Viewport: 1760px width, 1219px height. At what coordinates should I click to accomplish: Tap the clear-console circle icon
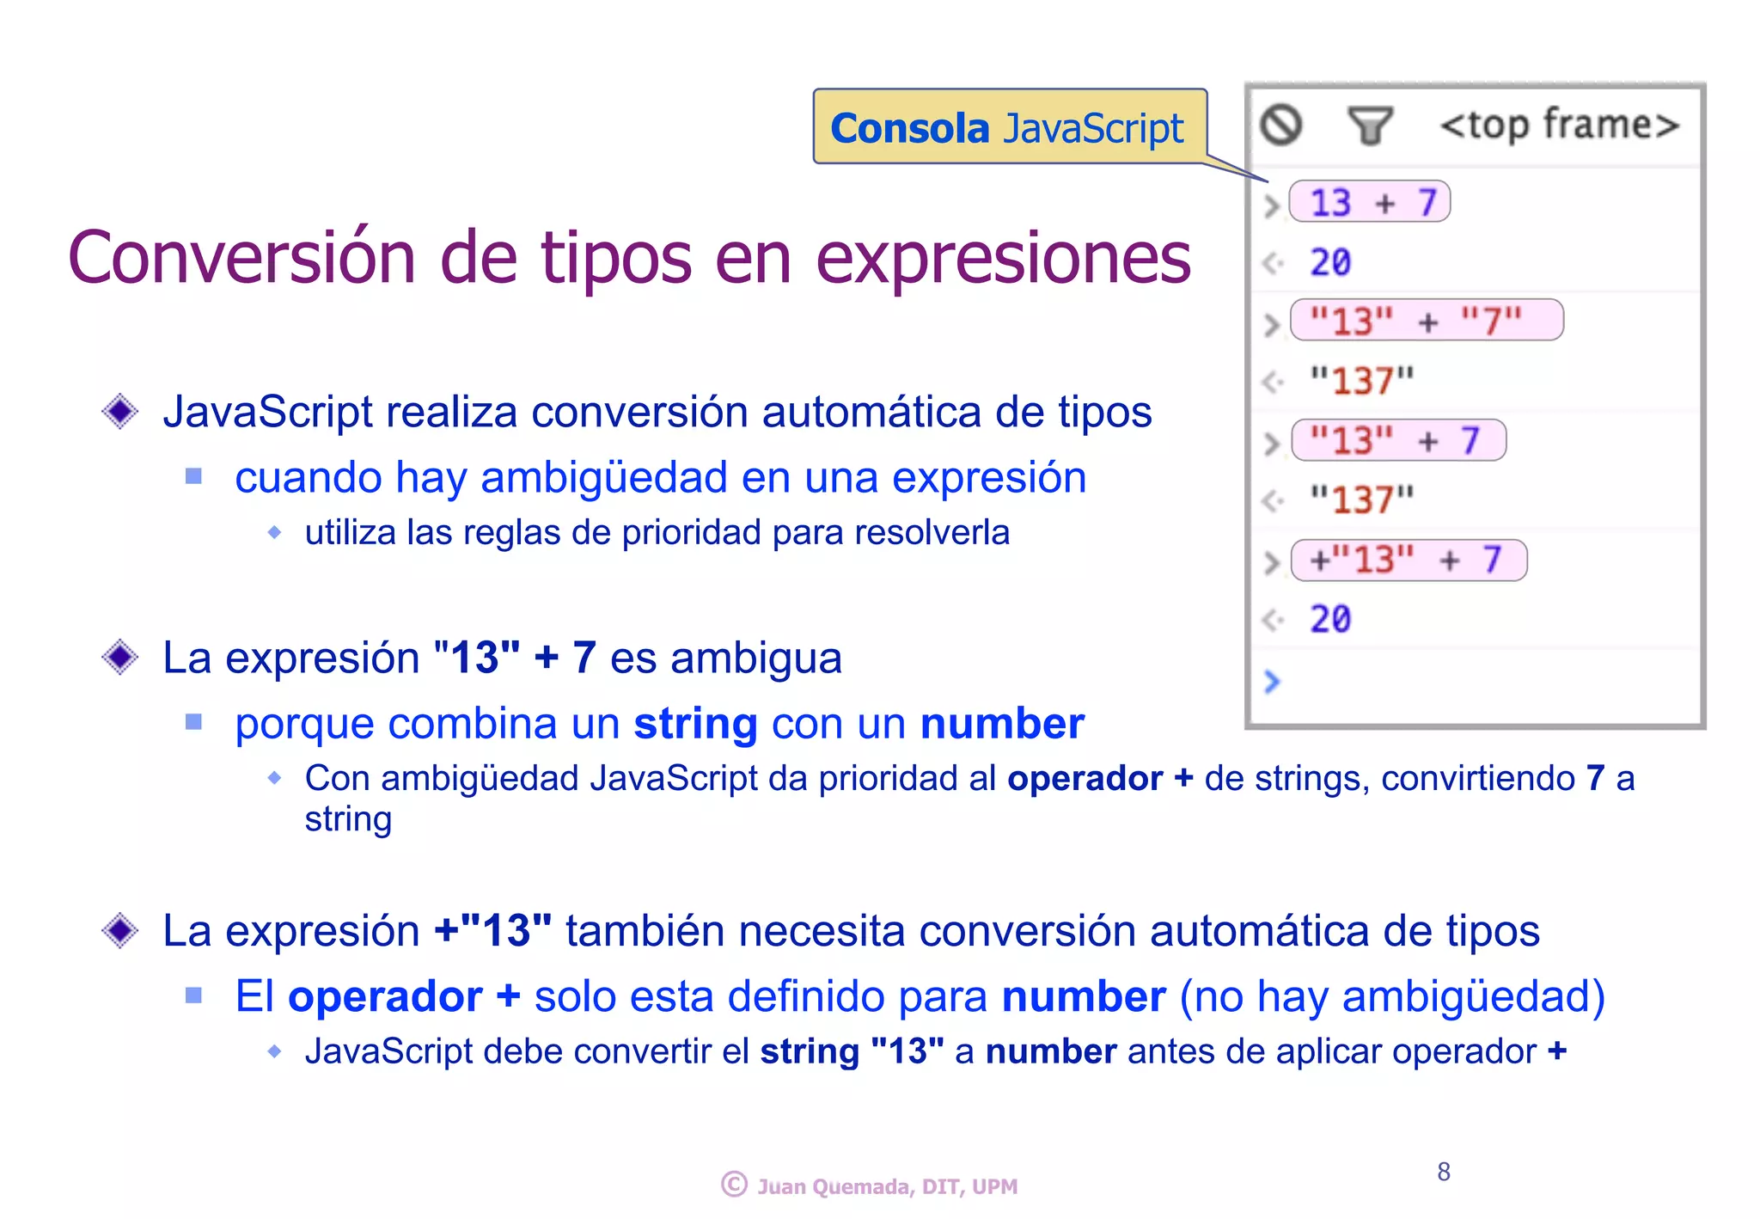point(1280,126)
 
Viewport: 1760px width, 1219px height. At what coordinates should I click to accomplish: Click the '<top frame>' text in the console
point(1559,126)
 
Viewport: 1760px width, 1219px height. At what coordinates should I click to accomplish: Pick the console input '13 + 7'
point(1371,203)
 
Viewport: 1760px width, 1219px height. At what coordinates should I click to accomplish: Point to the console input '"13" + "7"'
point(1426,322)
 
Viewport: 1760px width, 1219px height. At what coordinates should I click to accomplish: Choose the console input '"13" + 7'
point(1397,441)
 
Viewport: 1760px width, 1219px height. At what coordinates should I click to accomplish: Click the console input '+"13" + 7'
point(1408,560)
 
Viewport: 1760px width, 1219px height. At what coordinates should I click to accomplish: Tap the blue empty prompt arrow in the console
point(1273,682)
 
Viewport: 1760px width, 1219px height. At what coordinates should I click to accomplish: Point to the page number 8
point(1444,1171)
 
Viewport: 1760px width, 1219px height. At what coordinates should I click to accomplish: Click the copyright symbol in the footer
point(734,1185)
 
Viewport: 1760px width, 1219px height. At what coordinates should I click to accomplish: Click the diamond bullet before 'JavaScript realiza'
point(119,411)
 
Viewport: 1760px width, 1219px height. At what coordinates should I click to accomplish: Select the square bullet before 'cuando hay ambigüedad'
point(193,476)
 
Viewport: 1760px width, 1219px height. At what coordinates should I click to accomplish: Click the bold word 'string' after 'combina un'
point(695,724)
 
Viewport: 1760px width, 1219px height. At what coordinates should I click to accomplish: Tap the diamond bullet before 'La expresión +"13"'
point(119,930)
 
